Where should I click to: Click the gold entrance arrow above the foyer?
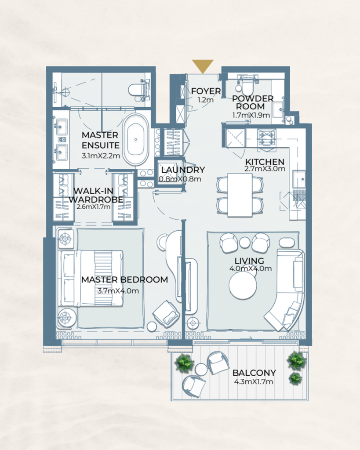tap(203, 66)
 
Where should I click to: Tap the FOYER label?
tap(206, 91)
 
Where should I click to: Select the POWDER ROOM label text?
tap(253, 102)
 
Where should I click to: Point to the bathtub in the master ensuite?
tap(135, 139)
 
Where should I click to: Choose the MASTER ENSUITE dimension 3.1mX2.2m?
tap(100, 156)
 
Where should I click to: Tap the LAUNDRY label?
tap(183, 170)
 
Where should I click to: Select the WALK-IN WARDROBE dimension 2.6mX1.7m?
tap(93, 207)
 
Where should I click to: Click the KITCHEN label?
tap(265, 162)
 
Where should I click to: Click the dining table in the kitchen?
tap(240, 195)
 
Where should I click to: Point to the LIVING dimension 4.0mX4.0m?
tap(250, 269)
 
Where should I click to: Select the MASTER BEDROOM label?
tap(124, 279)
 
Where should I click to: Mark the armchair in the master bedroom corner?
tap(166, 313)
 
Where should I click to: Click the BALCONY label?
tap(254, 373)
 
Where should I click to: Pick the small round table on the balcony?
tap(201, 370)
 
